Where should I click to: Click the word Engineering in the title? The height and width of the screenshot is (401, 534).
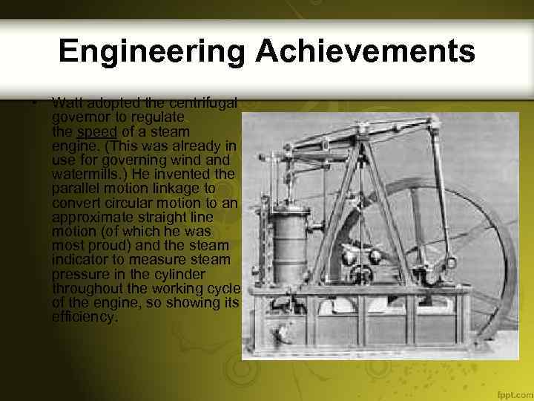(151, 51)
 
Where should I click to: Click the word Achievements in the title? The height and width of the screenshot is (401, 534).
(366, 51)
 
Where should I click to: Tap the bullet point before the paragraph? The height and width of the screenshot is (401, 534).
(35, 102)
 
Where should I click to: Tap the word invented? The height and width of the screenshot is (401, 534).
(188, 174)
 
